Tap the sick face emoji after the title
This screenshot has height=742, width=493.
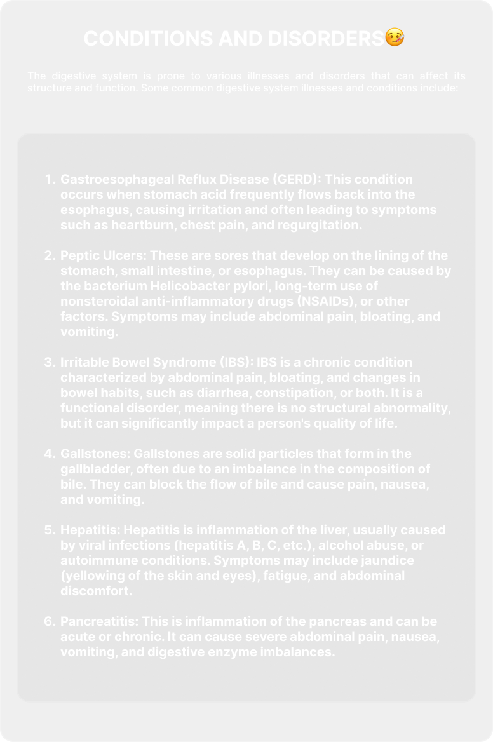(x=395, y=38)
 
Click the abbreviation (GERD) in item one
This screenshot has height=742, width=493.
(x=296, y=179)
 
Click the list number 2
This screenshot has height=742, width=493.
(x=50, y=255)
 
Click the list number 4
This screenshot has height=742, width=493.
(x=50, y=454)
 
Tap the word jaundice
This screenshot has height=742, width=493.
(x=379, y=560)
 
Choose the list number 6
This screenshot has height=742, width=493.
(x=50, y=621)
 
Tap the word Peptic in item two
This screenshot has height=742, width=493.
(x=78, y=255)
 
